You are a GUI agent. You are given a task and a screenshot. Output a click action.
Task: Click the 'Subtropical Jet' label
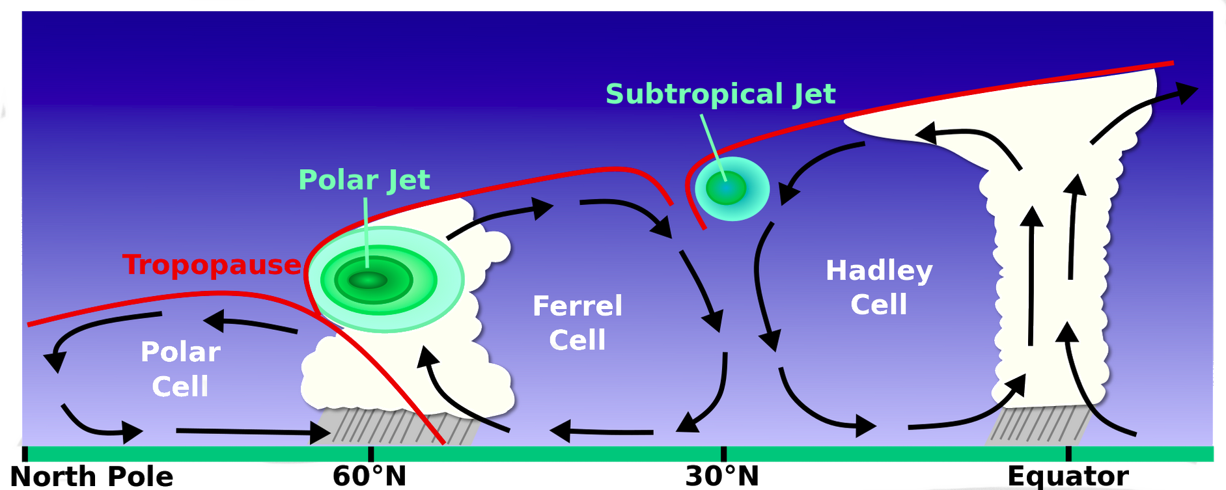click(x=720, y=94)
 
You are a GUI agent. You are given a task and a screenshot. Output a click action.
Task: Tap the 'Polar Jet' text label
click(x=364, y=180)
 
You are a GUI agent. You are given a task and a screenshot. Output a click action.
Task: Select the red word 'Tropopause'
click(x=212, y=265)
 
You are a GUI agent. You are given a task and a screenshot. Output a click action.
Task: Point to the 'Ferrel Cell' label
click(x=578, y=323)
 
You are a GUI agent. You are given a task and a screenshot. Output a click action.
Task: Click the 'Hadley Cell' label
click(x=879, y=287)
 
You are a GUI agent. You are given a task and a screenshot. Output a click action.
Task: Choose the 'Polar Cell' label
click(x=180, y=369)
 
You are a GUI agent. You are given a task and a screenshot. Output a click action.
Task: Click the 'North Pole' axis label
click(x=92, y=476)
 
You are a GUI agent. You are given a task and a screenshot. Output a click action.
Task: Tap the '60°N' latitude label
click(x=369, y=476)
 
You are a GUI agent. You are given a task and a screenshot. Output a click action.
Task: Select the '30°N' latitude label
click(x=722, y=476)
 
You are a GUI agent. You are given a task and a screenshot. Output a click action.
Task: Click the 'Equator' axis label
click(x=1068, y=476)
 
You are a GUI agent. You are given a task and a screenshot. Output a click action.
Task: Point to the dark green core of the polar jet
click(x=368, y=280)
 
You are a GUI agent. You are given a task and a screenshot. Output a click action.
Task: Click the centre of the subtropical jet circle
click(x=727, y=189)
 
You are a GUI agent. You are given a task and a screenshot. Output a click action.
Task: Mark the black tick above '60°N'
click(x=370, y=454)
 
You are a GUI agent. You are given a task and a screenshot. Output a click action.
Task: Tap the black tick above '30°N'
click(x=723, y=454)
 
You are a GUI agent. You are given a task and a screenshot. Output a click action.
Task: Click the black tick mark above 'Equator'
click(x=1068, y=454)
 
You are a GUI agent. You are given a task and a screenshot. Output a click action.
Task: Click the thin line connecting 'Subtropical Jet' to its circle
click(x=712, y=143)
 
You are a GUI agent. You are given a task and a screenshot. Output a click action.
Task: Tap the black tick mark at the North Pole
click(x=25, y=454)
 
